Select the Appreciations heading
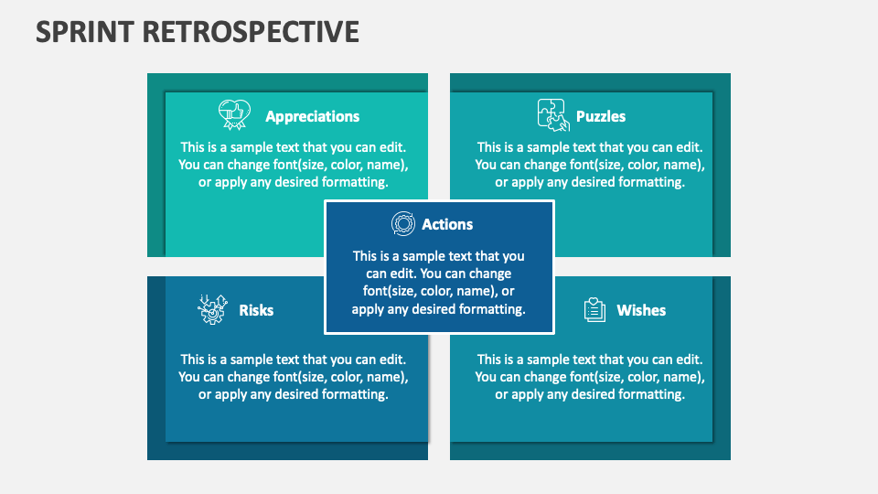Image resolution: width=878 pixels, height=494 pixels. (x=312, y=116)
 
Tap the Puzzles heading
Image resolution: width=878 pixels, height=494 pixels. (x=601, y=116)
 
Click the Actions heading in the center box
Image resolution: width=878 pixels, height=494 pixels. (x=447, y=224)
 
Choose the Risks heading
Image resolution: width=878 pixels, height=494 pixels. (x=256, y=310)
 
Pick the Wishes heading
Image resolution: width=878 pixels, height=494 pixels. (x=641, y=310)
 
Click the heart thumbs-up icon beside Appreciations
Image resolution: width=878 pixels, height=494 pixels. (x=233, y=115)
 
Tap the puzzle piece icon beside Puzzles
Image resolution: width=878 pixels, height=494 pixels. (x=551, y=114)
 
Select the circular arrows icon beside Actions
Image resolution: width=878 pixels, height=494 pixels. (x=402, y=224)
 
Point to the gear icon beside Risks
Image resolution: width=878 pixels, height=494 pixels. (x=211, y=310)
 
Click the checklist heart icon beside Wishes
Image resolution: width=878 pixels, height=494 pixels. (x=594, y=310)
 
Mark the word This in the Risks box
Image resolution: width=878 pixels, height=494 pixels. (x=192, y=360)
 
